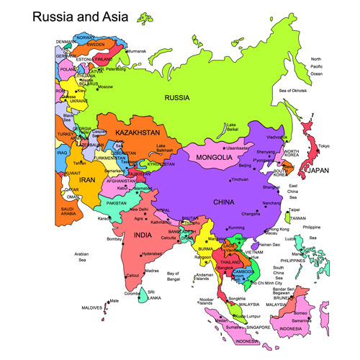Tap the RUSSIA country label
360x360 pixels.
pos(176,97)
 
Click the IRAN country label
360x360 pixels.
pos(87,179)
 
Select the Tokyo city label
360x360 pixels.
pos(323,146)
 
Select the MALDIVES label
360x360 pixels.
pos(91,308)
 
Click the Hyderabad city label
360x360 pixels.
pos(153,253)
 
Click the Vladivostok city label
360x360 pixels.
pos(277,137)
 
